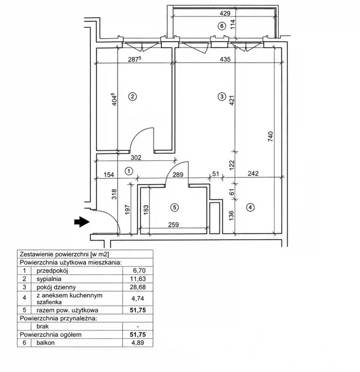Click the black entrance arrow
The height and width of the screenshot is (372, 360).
[x=82, y=222]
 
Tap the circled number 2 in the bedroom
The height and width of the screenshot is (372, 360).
[x=132, y=97]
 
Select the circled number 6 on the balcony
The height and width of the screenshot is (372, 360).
[x=222, y=26]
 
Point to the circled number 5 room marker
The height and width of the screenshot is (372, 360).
[x=174, y=208]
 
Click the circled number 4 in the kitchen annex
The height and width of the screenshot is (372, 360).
[x=250, y=207]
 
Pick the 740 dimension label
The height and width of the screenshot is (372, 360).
[x=271, y=136]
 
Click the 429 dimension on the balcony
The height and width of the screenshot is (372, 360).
[x=225, y=13]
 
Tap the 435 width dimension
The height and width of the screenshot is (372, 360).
[x=225, y=59]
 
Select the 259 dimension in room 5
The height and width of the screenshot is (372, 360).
[x=173, y=224]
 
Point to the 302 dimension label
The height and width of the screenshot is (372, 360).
[x=136, y=157]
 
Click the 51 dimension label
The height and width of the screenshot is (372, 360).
[x=215, y=174]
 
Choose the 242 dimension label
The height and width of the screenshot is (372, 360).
[x=253, y=174]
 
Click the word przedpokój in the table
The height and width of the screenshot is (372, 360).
[x=52, y=271]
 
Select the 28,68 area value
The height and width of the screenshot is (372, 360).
[x=138, y=287]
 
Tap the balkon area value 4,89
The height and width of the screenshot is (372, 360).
[x=138, y=343]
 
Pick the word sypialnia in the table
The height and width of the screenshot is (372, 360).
[x=49, y=279]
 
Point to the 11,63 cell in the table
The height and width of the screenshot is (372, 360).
[x=138, y=279]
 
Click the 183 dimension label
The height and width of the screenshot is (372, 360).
[x=146, y=210]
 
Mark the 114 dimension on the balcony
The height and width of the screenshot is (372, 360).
[x=233, y=24]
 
